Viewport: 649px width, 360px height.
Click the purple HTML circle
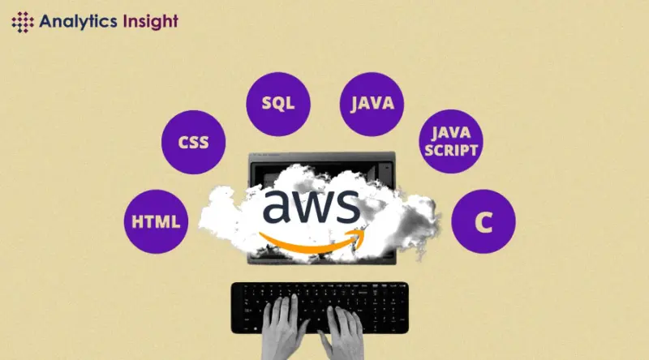pyautogui.click(x=156, y=221)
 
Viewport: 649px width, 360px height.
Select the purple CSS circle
pyautogui.click(x=193, y=142)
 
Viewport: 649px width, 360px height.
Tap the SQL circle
pyautogui.click(x=278, y=104)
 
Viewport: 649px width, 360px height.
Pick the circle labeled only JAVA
pyautogui.click(x=372, y=104)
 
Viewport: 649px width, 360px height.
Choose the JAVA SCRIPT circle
pyautogui.click(x=451, y=141)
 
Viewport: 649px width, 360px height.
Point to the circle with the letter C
pyautogui.click(x=484, y=221)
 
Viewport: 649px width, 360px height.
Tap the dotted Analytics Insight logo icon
pyautogui.click(x=23, y=22)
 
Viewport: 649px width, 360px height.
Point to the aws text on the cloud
pyautogui.click(x=312, y=207)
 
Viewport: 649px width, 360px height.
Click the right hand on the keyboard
pyautogui.click(x=342, y=331)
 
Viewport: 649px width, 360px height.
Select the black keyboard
pyautogui.click(x=320, y=307)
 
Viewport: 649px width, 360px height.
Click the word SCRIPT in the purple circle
pyautogui.click(x=451, y=150)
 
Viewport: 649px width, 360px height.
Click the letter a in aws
pyautogui.click(x=277, y=207)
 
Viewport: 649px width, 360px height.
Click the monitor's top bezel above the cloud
pyautogui.click(x=321, y=156)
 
